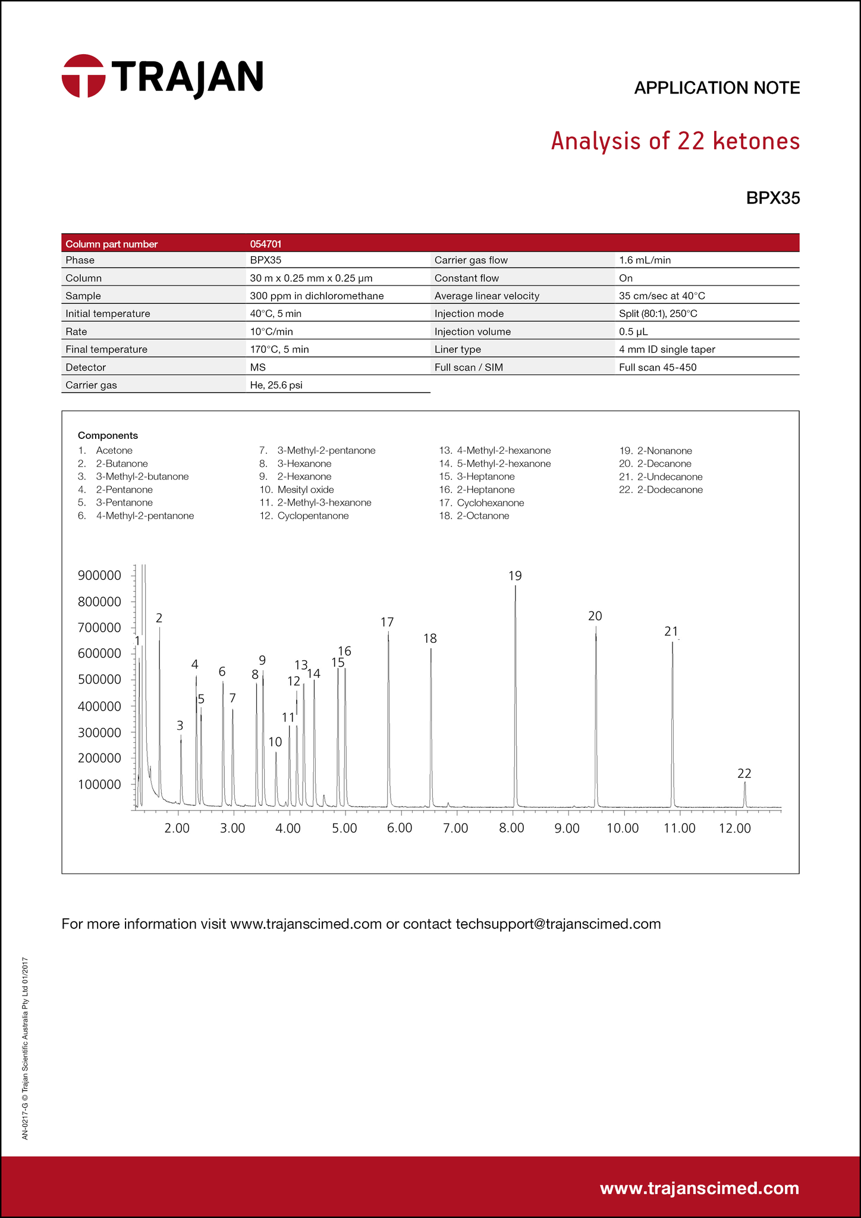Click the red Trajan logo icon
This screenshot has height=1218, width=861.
pos(83,76)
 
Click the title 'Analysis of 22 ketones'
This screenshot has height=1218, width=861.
pos(675,141)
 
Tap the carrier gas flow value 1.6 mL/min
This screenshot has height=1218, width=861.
pos(645,260)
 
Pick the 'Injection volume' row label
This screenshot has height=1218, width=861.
pos(472,331)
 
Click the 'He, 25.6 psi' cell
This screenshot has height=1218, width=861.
pos(276,385)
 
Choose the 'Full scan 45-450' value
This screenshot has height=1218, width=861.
pos(657,367)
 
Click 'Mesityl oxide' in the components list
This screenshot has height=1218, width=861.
pos(305,489)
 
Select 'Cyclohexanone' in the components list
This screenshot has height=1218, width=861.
pos(490,503)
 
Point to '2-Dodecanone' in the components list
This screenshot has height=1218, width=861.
pos(670,489)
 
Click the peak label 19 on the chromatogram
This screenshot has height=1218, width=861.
pos(515,575)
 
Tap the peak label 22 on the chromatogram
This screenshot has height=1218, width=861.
pos(744,773)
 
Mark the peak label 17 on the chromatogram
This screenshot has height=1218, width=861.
pos(387,622)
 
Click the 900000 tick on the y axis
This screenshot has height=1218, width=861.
pos(99,575)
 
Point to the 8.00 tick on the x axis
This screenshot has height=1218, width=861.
pos(511,828)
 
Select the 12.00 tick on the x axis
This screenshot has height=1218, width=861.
pos(735,828)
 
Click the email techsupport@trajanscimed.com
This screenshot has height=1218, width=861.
pos(558,924)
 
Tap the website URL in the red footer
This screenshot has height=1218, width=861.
pos(699,1188)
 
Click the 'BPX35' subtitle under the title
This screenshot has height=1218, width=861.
pos(772,198)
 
